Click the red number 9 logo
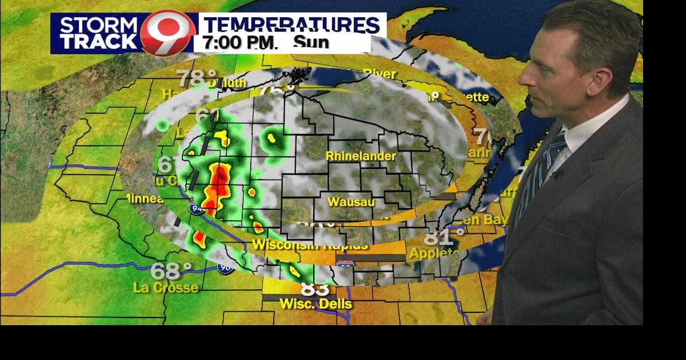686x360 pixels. [167, 33]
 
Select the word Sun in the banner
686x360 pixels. [311, 42]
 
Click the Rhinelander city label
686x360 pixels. [361, 156]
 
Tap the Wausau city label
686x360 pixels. [351, 202]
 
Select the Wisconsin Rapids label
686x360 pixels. [310, 245]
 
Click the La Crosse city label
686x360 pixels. [166, 288]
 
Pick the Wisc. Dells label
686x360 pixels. [316, 304]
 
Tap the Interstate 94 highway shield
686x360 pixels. [196, 208]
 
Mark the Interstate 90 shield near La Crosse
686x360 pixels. [225, 267]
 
